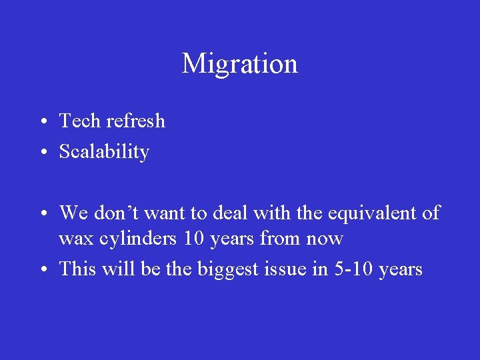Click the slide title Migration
pos(239,64)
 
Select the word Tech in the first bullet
pos(80,121)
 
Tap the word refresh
pos(135,121)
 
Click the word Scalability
pos(104,152)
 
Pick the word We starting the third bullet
pos(73,213)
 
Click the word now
pos(324,239)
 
